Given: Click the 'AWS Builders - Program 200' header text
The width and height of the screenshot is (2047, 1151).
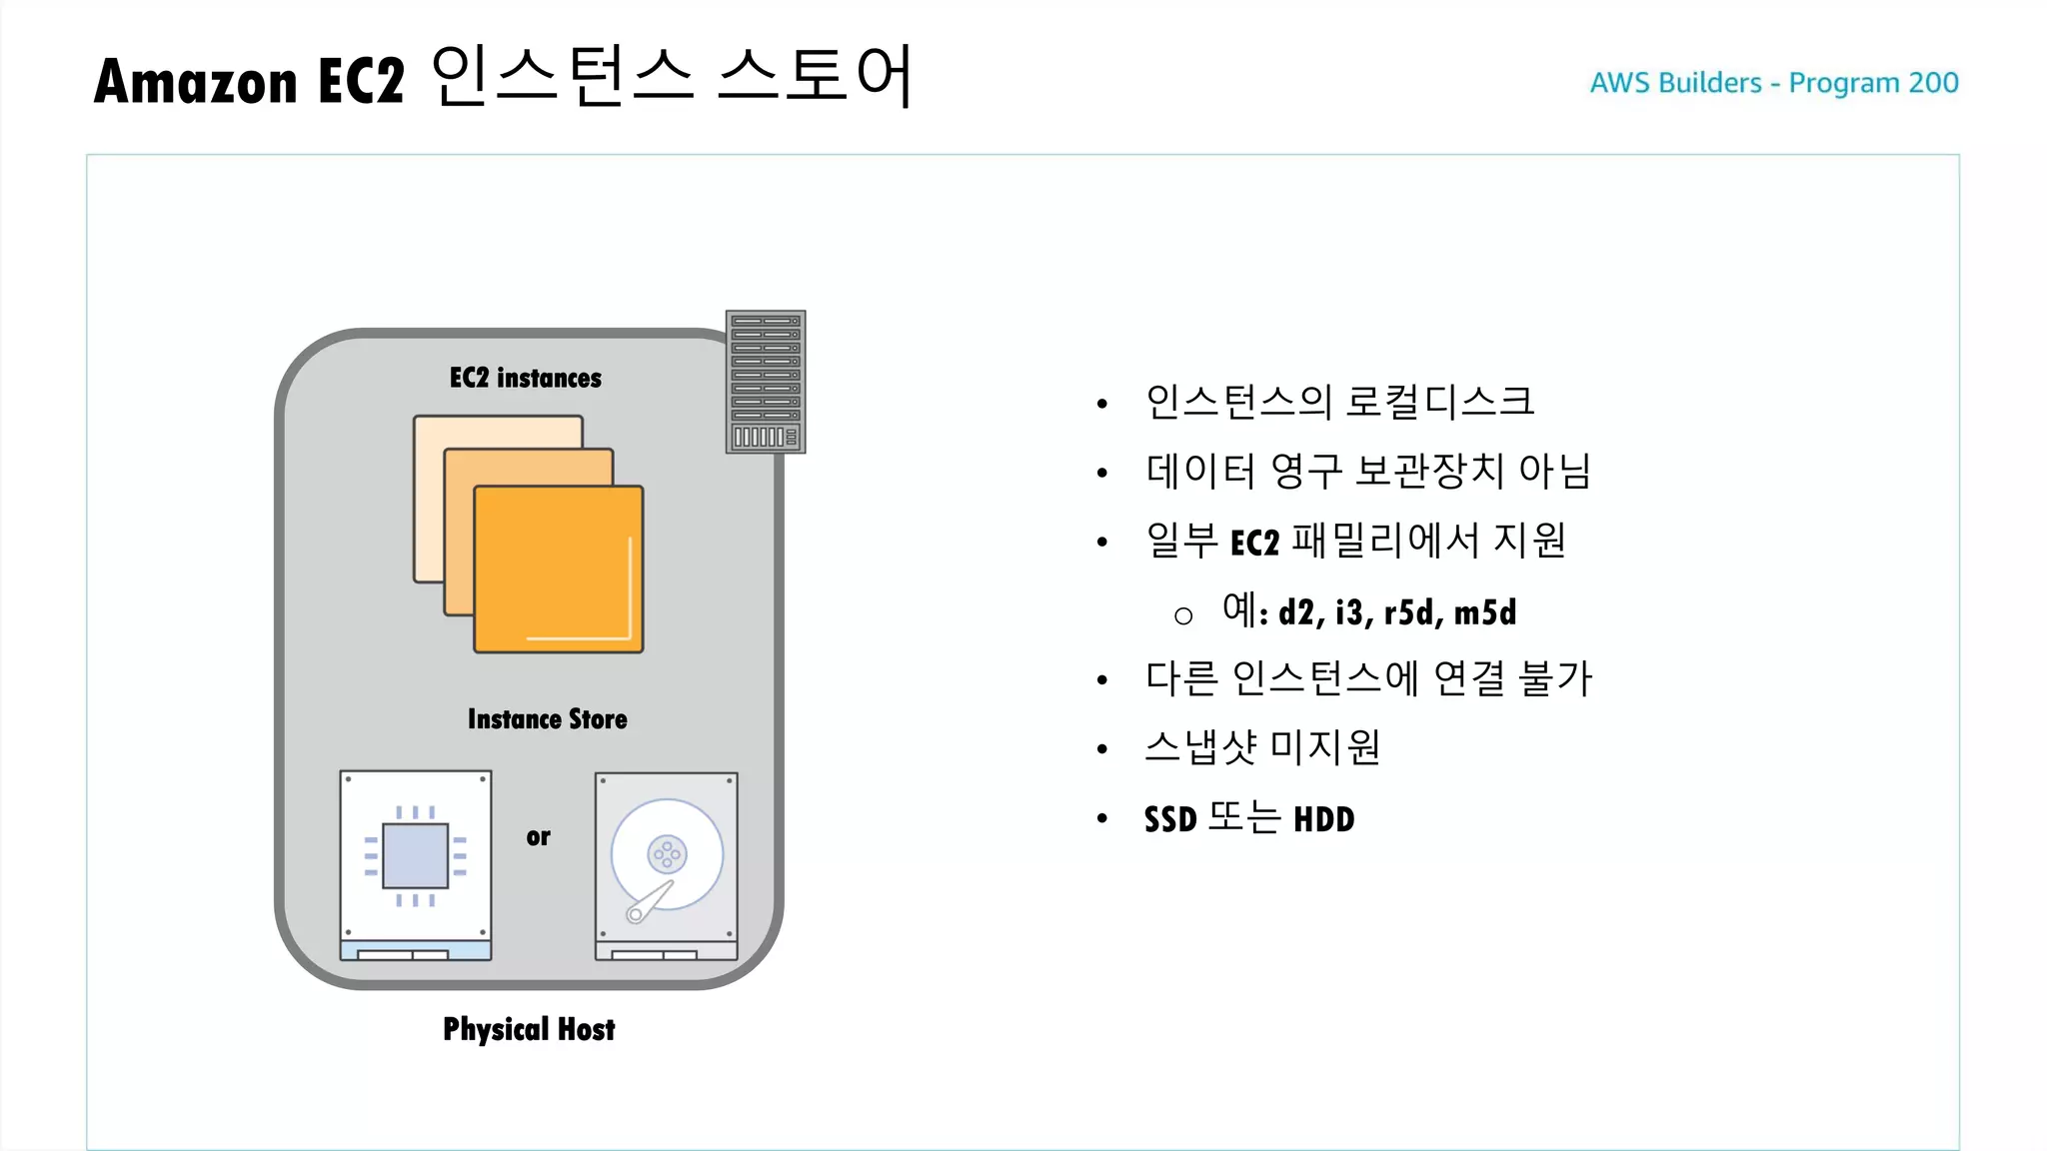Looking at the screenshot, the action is coord(1773,82).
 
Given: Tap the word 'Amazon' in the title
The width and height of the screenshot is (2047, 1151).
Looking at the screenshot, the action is coord(196,82).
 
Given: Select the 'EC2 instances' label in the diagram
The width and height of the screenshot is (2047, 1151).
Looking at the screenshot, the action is coord(526,378).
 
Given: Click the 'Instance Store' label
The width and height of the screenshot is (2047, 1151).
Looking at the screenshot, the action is coord(547,719).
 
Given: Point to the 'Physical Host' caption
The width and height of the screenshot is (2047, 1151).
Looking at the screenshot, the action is coord(529,1029).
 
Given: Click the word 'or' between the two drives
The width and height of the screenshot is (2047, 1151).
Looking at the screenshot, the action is coord(538,837).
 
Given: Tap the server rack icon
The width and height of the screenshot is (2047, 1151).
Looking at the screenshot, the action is coord(766,382).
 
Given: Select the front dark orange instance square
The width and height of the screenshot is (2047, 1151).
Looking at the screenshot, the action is coord(558,570).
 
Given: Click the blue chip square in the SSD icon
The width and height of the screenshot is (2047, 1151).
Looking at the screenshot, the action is coord(416,856).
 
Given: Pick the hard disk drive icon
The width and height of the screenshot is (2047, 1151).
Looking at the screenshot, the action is coord(667,865).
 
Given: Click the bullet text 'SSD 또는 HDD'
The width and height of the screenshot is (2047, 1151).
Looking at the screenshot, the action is coord(1249,819).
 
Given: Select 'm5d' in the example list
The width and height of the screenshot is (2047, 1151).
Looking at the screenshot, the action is coord(1485,612).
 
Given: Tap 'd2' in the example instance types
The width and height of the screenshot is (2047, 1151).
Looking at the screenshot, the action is coord(1297,612).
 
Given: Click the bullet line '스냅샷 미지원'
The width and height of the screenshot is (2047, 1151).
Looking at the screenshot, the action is coord(1262,747).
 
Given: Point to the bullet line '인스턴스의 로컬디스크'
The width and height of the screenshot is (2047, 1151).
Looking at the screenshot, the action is coord(1339,402).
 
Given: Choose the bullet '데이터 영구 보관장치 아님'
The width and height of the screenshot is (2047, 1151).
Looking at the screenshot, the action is coord(1367,471).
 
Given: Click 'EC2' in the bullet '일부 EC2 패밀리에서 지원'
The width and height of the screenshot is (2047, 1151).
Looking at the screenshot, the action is coord(1254,543).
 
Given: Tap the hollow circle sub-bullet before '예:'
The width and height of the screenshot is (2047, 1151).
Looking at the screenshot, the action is coord(1183,616).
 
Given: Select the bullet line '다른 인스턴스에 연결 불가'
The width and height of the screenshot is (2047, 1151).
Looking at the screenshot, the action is coord(1367,678).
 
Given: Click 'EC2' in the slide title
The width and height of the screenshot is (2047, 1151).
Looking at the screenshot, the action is coord(361,82).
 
